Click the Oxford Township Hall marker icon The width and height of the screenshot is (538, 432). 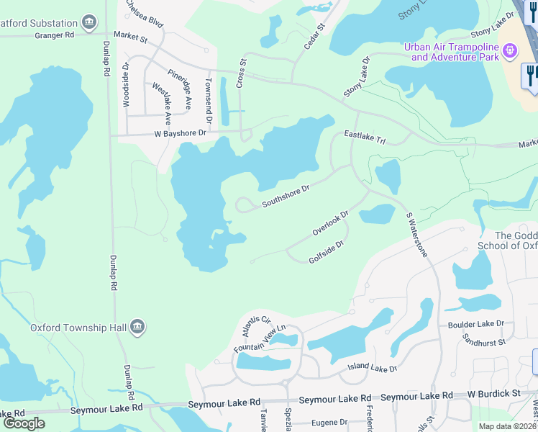pyautogui.click(x=137, y=328)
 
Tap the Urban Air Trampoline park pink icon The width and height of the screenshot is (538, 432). pyautogui.click(x=509, y=50)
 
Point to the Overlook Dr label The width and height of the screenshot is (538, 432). pyautogui.click(x=330, y=222)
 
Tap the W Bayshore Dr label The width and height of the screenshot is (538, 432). pyautogui.click(x=180, y=133)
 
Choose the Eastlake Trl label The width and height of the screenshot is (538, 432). pyautogui.click(x=365, y=138)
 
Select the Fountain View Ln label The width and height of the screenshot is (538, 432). pyautogui.click(x=260, y=338)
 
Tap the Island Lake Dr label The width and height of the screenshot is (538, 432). pyautogui.click(x=373, y=369)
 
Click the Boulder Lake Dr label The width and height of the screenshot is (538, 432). pyautogui.click(x=475, y=325)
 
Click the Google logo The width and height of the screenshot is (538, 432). pyautogui.click(x=24, y=423)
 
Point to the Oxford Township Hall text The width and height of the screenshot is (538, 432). pyautogui.click(x=78, y=328)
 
